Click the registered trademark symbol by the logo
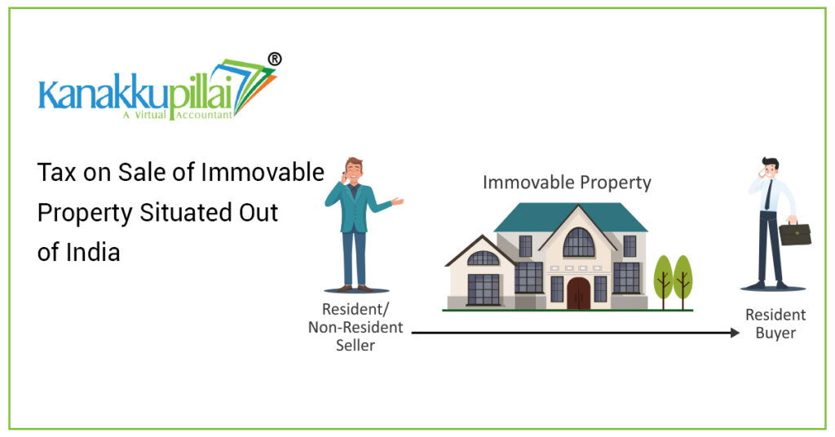[275, 59]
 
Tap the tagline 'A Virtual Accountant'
[176, 115]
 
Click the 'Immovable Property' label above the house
[567, 182]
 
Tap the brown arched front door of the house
[578, 293]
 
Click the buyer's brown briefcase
[794, 233]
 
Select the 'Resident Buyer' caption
[775, 324]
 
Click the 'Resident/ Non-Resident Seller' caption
[355, 327]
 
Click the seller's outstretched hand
[397, 201]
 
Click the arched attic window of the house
[578, 242]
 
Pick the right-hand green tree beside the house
[683, 276]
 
